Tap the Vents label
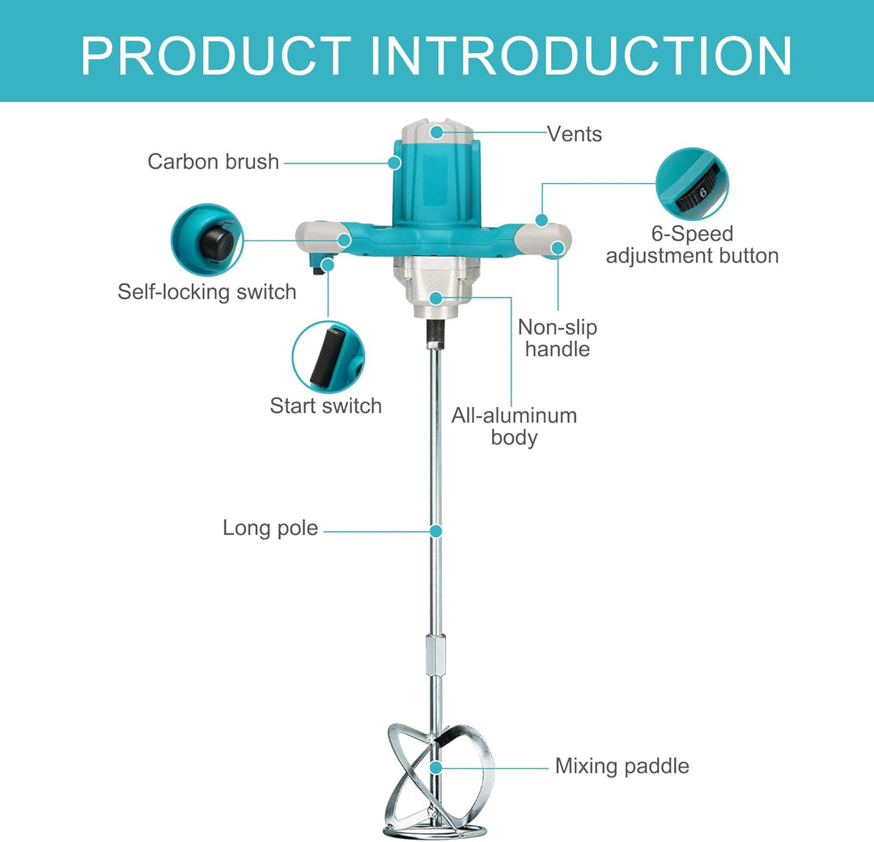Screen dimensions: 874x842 point(574,134)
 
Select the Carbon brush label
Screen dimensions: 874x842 point(213,162)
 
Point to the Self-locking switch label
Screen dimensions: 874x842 point(207,292)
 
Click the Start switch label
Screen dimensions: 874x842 point(325,406)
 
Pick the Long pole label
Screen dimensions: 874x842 point(270,528)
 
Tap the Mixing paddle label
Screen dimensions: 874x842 point(622,766)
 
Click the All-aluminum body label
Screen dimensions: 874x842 point(514,427)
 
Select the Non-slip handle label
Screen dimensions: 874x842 point(558,338)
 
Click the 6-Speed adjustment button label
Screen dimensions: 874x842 point(692,245)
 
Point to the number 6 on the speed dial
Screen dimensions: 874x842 point(703,193)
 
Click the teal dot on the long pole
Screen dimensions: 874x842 point(436,531)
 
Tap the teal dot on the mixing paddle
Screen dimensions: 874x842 point(436,768)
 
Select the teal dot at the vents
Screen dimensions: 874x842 point(437,132)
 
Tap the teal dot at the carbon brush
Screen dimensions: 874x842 point(395,163)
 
